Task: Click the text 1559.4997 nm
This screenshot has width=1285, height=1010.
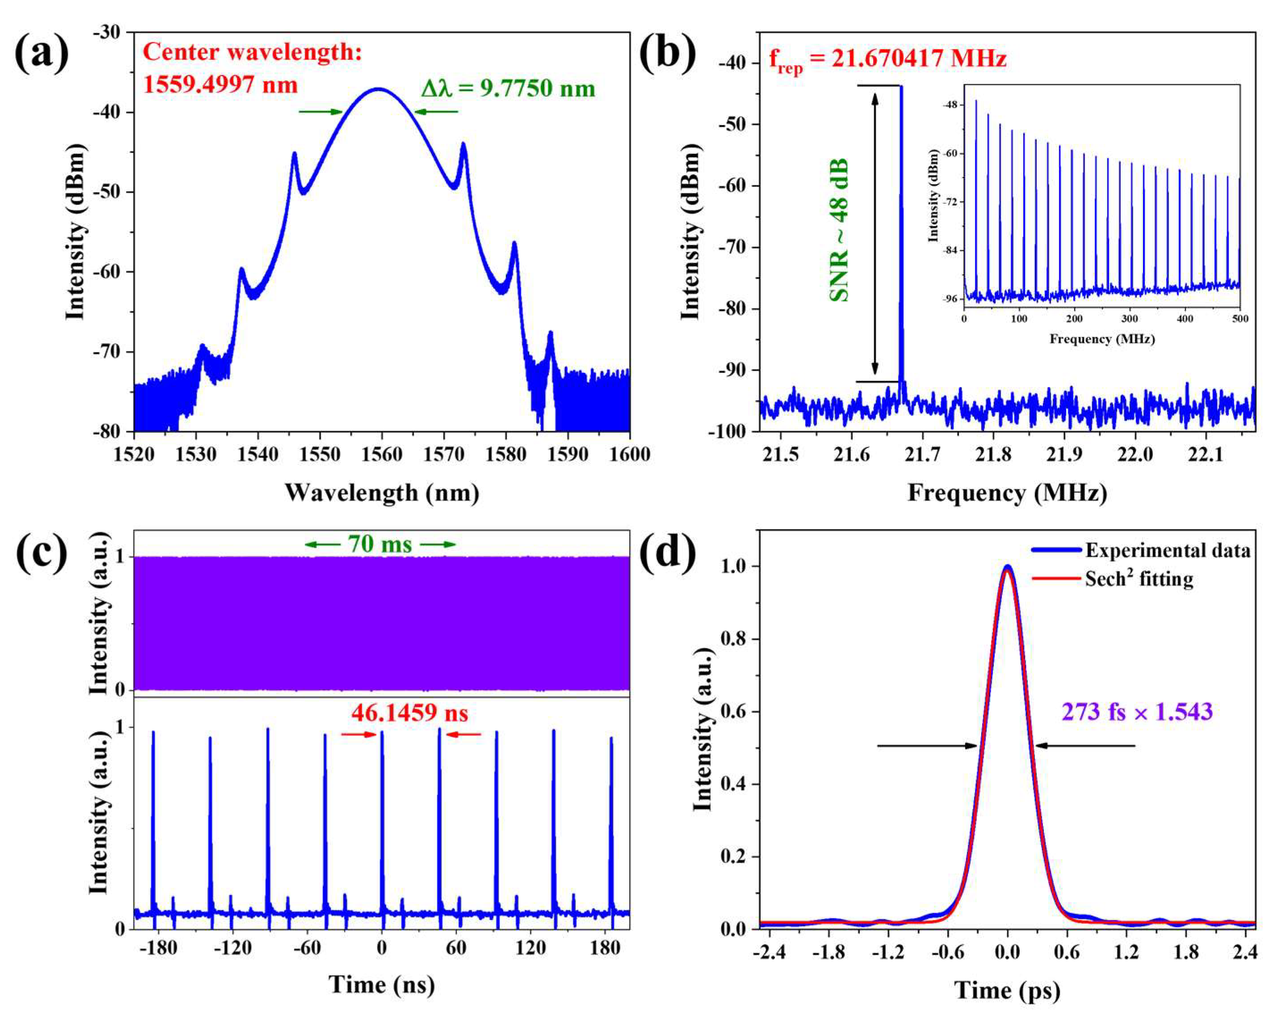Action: pyautogui.click(x=220, y=84)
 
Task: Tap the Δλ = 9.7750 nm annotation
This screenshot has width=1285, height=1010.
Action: pyautogui.click(x=508, y=88)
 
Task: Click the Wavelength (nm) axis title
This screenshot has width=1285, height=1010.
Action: pyautogui.click(x=382, y=492)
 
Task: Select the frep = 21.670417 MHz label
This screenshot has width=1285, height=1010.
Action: pyautogui.click(x=887, y=60)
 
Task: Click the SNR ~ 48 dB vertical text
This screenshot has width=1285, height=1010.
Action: pyautogui.click(x=839, y=231)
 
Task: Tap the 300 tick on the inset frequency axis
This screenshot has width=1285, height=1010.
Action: pyautogui.click(x=1130, y=319)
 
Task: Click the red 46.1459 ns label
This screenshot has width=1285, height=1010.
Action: pyautogui.click(x=410, y=713)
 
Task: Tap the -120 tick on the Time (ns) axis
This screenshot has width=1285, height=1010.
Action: pyautogui.click(x=232, y=947)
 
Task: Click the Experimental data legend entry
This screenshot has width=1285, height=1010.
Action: pyautogui.click(x=1168, y=551)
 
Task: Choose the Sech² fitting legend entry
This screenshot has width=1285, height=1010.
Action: pyautogui.click(x=1139, y=579)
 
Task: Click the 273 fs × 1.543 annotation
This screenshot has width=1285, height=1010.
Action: pyautogui.click(x=1137, y=711)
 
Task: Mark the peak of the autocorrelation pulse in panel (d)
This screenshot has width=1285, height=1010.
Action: pyautogui.click(x=1007, y=567)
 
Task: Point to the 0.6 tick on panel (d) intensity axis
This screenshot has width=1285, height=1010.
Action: pyautogui.click(x=733, y=711)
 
